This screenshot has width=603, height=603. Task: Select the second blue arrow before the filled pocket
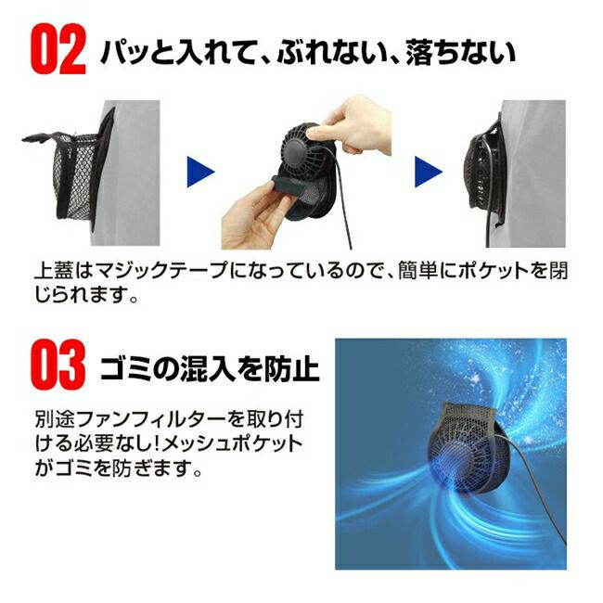point(428,172)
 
